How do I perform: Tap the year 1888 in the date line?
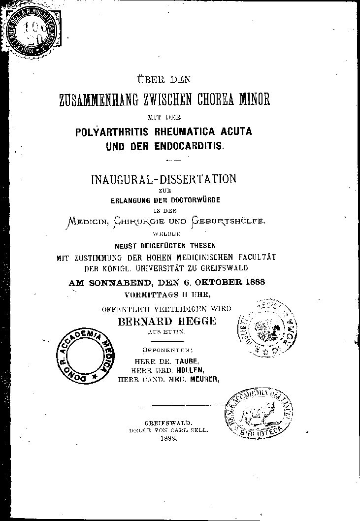pos(253,282)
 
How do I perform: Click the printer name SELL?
pos(199,429)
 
